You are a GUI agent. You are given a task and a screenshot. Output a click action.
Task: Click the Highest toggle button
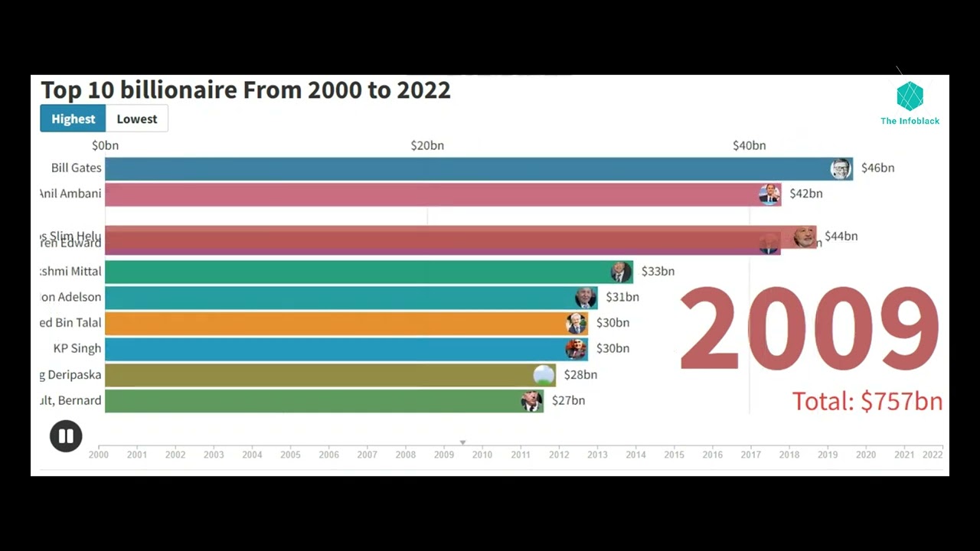73,119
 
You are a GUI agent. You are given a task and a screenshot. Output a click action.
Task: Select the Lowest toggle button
137,119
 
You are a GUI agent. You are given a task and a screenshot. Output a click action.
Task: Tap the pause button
66,436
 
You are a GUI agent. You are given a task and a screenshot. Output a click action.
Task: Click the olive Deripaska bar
322,375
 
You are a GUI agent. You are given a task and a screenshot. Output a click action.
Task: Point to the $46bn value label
877,168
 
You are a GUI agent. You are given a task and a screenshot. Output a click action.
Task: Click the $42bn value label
805,194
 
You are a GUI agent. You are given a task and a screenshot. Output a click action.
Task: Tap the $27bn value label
568,400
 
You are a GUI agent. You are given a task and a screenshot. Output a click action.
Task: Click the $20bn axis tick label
427,145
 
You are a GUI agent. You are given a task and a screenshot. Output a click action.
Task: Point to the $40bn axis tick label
749,145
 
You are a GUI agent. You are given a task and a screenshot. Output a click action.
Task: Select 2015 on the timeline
674,455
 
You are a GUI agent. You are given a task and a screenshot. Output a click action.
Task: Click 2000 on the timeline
99,455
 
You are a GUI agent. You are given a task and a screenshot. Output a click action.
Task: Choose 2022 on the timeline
933,455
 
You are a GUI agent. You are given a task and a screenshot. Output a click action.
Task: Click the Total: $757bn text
867,401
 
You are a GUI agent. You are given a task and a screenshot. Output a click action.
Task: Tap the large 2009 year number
808,329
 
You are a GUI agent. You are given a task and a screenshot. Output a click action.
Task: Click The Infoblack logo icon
910,96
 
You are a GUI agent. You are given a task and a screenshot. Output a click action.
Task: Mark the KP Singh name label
77,348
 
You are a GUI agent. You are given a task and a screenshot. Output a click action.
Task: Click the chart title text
245,90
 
